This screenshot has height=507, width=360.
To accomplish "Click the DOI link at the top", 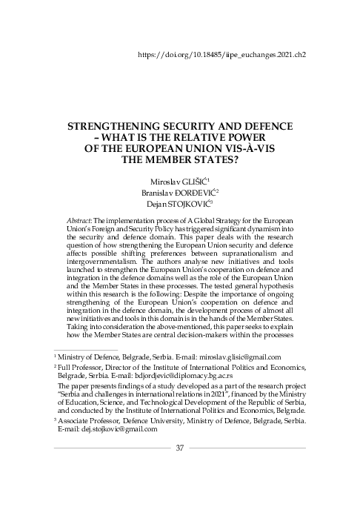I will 222,55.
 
